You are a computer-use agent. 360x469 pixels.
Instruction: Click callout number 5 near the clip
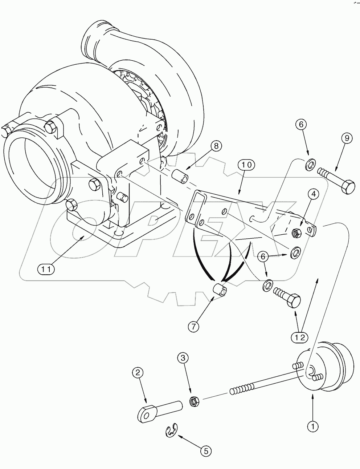pos(205,451)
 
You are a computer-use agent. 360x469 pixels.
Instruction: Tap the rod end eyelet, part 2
pos(147,414)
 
